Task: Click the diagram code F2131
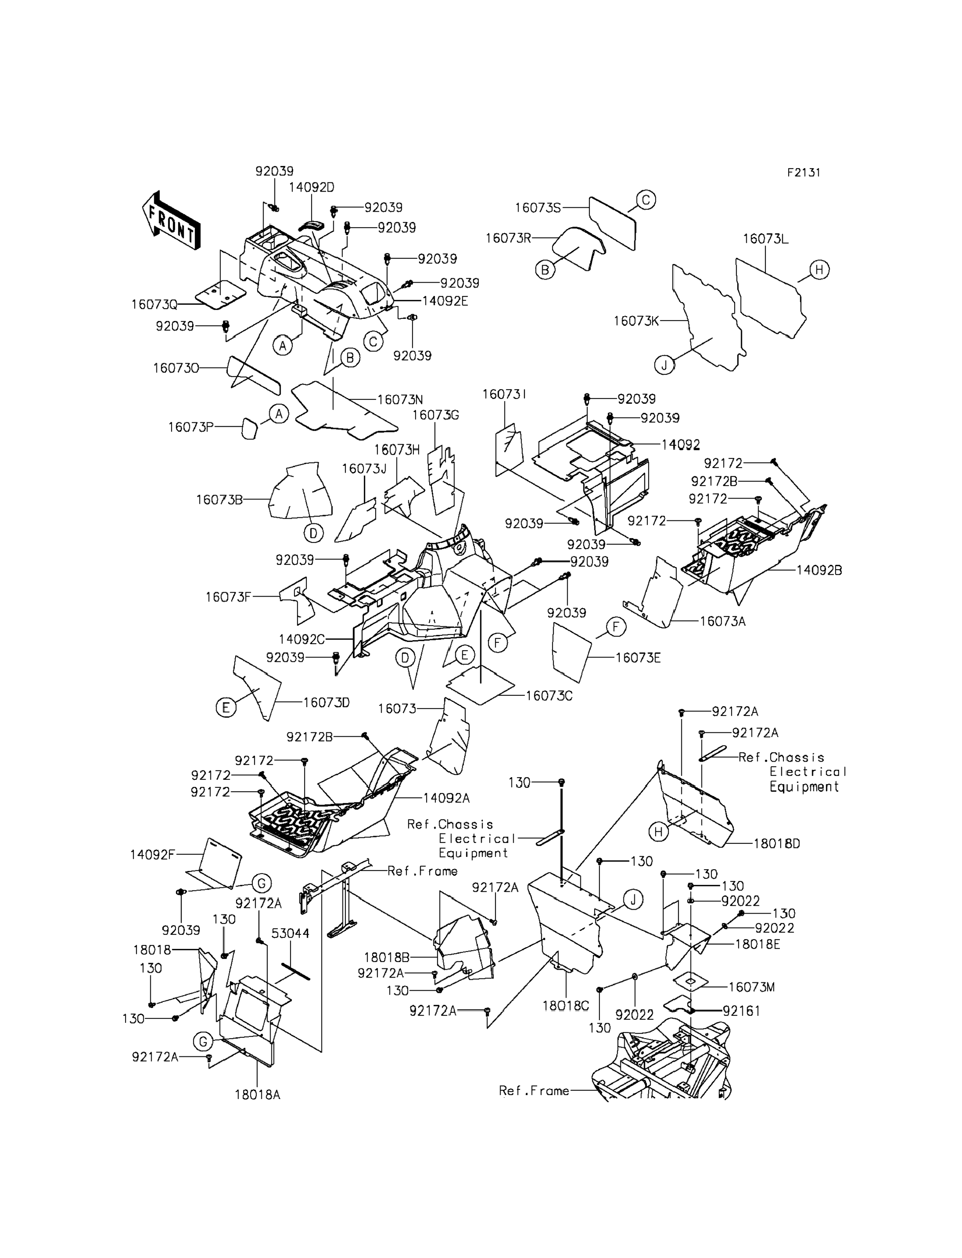pyautogui.click(x=803, y=173)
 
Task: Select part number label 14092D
pyautogui.click(x=312, y=187)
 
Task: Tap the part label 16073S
pyautogui.click(x=538, y=208)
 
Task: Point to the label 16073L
pyautogui.click(x=766, y=239)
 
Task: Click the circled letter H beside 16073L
pyautogui.click(x=819, y=269)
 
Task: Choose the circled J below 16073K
pyautogui.click(x=664, y=365)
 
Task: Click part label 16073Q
pyautogui.click(x=155, y=304)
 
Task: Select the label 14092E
pyautogui.click(x=445, y=301)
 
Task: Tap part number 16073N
pyautogui.click(x=400, y=399)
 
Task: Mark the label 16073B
pyautogui.click(x=219, y=499)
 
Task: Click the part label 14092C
pyautogui.click(x=302, y=639)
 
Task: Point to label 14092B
pyautogui.click(x=819, y=570)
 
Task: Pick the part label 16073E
pyautogui.click(x=638, y=658)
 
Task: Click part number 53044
pyautogui.click(x=290, y=934)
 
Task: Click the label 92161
pyautogui.click(x=742, y=1012)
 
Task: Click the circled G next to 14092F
pyautogui.click(x=261, y=884)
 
